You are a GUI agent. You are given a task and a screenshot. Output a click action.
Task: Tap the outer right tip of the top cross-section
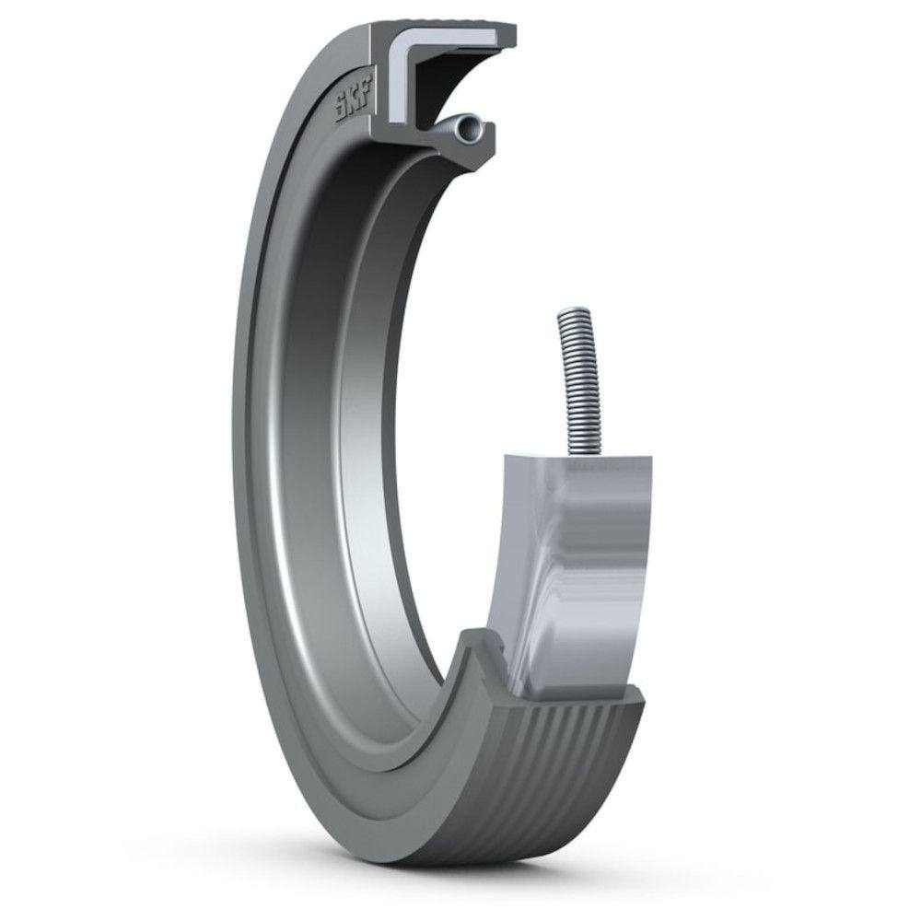coord(511,35)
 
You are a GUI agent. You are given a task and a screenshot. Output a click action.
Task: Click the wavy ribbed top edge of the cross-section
coord(442,21)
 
